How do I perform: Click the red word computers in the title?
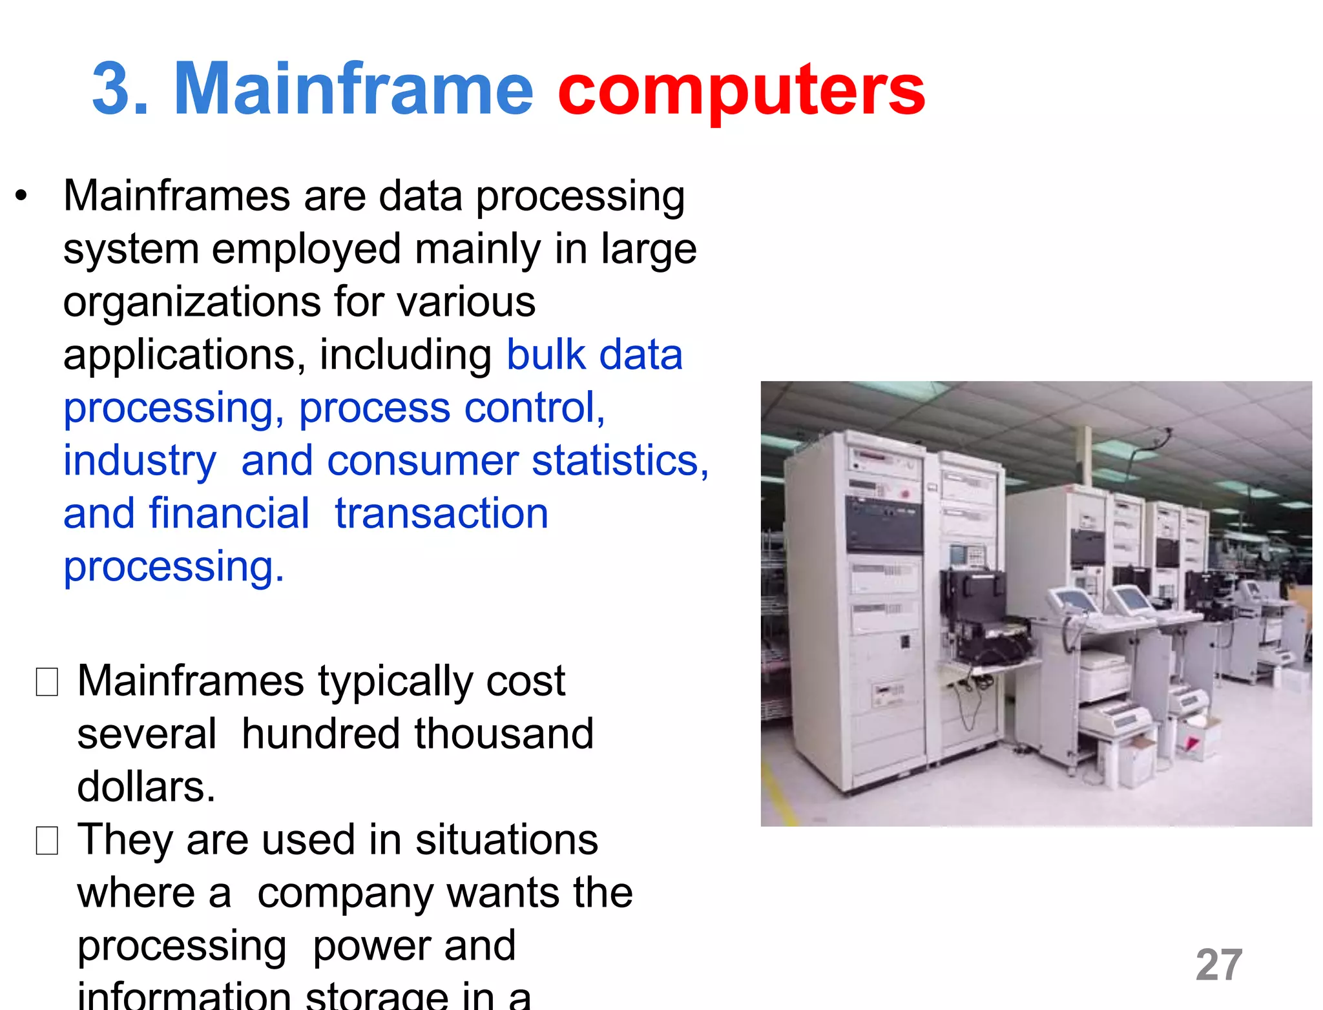pos(741,90)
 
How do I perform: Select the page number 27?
pos(1218,965)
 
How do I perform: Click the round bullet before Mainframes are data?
pos(22,196)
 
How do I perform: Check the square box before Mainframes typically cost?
pos(47,682)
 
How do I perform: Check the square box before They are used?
pos(47,841)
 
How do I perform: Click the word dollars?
pos(146,787)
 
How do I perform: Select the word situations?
pos(506,840)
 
